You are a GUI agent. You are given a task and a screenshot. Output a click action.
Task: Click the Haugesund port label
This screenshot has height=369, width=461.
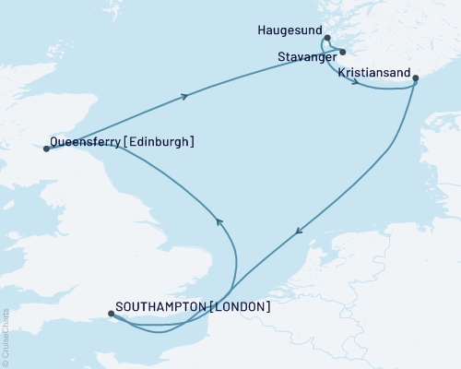(x=286, y=30)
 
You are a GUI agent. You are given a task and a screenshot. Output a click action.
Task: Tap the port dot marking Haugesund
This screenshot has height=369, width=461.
(x=327, y=39)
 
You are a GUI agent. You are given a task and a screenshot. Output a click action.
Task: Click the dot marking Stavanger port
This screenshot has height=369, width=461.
(x=341, y=52)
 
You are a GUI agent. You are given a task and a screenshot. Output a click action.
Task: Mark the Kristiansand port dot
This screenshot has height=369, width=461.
(x=416, y=79)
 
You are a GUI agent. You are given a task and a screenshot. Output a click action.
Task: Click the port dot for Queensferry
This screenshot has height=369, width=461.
(x=46, y=148)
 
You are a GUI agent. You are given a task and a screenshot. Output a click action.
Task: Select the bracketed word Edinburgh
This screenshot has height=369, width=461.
(x=158, y=141)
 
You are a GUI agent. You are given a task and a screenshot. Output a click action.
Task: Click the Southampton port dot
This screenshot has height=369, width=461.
(x=112, y=314)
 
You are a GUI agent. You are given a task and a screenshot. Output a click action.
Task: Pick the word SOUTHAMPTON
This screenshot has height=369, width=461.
(x=161, y=306)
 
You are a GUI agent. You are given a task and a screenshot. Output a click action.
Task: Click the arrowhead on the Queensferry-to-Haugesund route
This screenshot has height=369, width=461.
(x=188, y=96)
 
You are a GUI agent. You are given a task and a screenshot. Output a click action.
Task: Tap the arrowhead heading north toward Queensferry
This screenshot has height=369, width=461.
(x=219, y=220)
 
